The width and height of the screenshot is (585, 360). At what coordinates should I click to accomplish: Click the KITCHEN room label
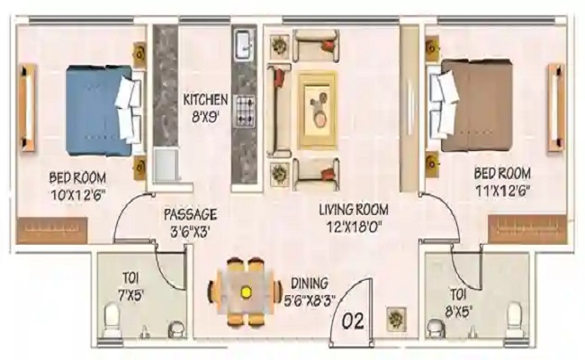point(205,100)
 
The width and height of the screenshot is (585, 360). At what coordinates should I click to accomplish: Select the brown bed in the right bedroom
point(471,105)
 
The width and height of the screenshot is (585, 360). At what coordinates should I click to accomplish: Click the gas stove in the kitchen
point(245,111)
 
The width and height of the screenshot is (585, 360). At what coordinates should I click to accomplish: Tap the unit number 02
point(353,320)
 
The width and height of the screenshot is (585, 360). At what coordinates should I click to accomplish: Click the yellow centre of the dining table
point(245,291)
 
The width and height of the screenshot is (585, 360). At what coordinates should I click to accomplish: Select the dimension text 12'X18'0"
point(354,227)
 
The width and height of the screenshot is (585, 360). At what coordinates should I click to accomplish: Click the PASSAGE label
point(190,214)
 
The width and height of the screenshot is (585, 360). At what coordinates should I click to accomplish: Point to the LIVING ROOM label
point(354,210)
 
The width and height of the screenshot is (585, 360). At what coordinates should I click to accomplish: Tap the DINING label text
point(310,283)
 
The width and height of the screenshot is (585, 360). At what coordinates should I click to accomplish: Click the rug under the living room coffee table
point(318,110)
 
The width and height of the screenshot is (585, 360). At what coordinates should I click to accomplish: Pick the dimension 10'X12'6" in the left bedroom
point(78,194)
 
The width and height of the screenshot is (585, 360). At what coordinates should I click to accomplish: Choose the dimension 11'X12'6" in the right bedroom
point(502,191)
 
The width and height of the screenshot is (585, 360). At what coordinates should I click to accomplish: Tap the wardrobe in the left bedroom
point(52,230)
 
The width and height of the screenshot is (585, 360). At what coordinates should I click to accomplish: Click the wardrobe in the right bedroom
point(526,229)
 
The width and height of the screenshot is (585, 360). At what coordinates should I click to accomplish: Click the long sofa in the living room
point(278,111)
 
